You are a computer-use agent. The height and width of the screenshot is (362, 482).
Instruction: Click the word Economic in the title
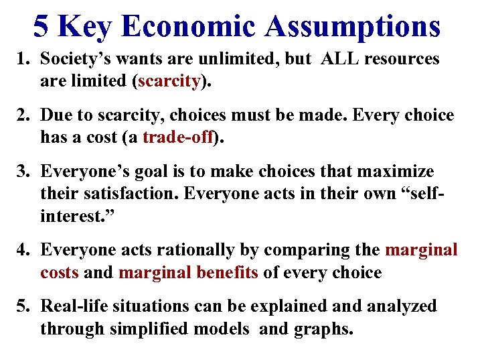(x=193, y=26)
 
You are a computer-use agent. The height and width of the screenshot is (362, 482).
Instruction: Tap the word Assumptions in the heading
(x=353, y=26)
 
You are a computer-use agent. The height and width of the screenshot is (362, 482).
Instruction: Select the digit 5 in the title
(x=41, y=26)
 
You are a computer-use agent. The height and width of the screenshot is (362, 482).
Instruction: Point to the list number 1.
(x=21, y=59)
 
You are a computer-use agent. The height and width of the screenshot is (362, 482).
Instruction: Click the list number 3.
(x=21, y=172)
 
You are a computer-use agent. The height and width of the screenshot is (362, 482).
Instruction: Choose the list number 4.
(x=21, y=251)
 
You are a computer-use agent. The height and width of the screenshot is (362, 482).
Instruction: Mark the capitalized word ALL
(x=343, y=59)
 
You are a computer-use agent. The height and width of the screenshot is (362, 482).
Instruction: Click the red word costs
(x=60, y=274)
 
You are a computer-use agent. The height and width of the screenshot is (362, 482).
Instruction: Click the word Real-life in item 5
(x=74, y=307)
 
